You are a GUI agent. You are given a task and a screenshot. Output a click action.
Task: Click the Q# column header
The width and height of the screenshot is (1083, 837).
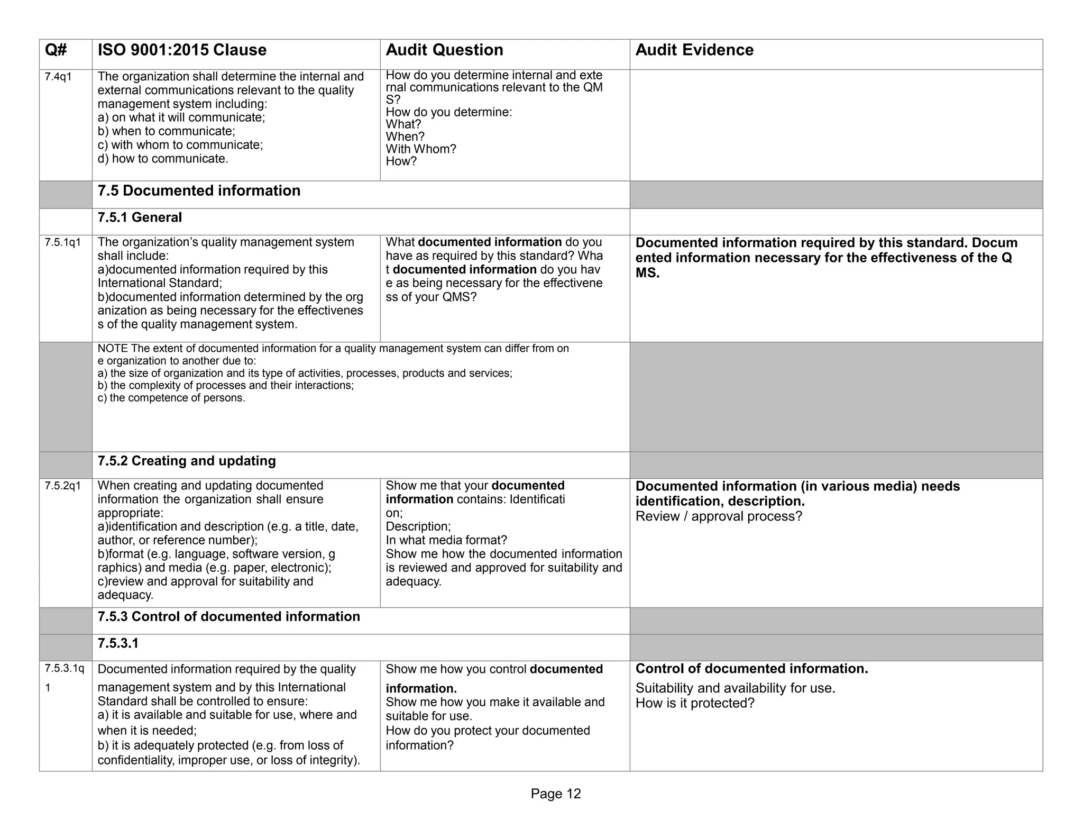pos(56,50)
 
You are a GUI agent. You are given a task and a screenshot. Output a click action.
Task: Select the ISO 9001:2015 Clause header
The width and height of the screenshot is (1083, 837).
pos(182,50)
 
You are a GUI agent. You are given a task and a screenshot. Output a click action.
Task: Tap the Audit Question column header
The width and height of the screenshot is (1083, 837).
pos(444,50)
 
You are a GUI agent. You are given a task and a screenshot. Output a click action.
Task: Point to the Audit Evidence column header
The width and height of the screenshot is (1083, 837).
pos(694,50)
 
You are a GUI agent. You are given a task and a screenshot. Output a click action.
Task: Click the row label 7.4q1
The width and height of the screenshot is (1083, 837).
pos(58,77)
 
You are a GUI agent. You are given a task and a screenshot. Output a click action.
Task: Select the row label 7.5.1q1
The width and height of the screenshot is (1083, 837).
pos(63,243)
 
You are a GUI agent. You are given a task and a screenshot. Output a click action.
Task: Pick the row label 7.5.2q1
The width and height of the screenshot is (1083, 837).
pos(63,486)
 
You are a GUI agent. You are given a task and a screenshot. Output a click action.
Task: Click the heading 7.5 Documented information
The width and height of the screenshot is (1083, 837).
pos(199,191)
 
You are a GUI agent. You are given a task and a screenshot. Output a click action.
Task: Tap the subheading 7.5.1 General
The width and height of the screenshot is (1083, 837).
pos(140,217)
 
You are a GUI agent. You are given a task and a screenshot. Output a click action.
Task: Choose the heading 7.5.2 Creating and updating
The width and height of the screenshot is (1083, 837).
pos(187,461)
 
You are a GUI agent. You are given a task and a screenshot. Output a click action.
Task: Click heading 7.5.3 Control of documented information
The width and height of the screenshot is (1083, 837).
pos(228,616)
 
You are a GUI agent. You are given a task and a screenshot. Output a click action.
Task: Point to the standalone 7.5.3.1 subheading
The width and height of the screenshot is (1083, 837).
pos(118,643)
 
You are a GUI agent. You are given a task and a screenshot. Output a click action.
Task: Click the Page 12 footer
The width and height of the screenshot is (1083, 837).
pos(556,794)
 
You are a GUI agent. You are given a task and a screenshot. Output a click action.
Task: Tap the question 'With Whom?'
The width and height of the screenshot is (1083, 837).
pos(421,149)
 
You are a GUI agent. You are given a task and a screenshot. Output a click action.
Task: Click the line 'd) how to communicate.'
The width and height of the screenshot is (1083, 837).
pos(163,159)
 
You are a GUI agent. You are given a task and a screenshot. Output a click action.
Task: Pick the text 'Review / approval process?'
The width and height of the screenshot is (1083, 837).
pos(719,516)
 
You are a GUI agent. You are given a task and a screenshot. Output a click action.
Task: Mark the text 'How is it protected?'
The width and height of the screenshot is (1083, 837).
pos(695,703)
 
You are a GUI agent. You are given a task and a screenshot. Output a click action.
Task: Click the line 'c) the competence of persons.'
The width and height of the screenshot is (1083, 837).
pos(171,398)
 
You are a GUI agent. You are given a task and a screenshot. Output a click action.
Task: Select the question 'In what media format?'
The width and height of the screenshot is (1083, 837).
pos(446,540)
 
